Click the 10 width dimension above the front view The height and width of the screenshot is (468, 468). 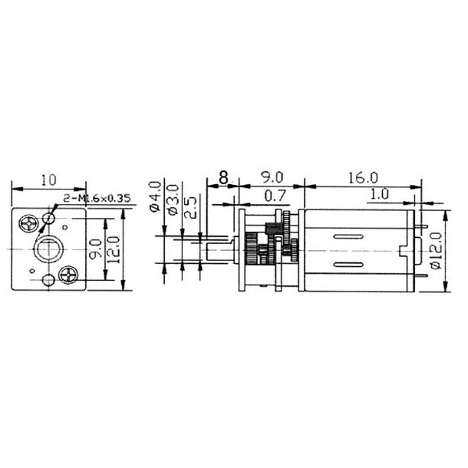click(x=48, y=180)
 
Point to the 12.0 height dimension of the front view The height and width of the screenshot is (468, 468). click(x=112, y=249)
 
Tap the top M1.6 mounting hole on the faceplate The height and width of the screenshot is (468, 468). click(x=50, y=219)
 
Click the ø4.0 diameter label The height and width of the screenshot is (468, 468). click(x=156, y=196)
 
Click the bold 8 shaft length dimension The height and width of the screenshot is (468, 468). click(x=222, y=178)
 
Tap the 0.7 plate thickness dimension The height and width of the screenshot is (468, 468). click(x=271, y=196)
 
